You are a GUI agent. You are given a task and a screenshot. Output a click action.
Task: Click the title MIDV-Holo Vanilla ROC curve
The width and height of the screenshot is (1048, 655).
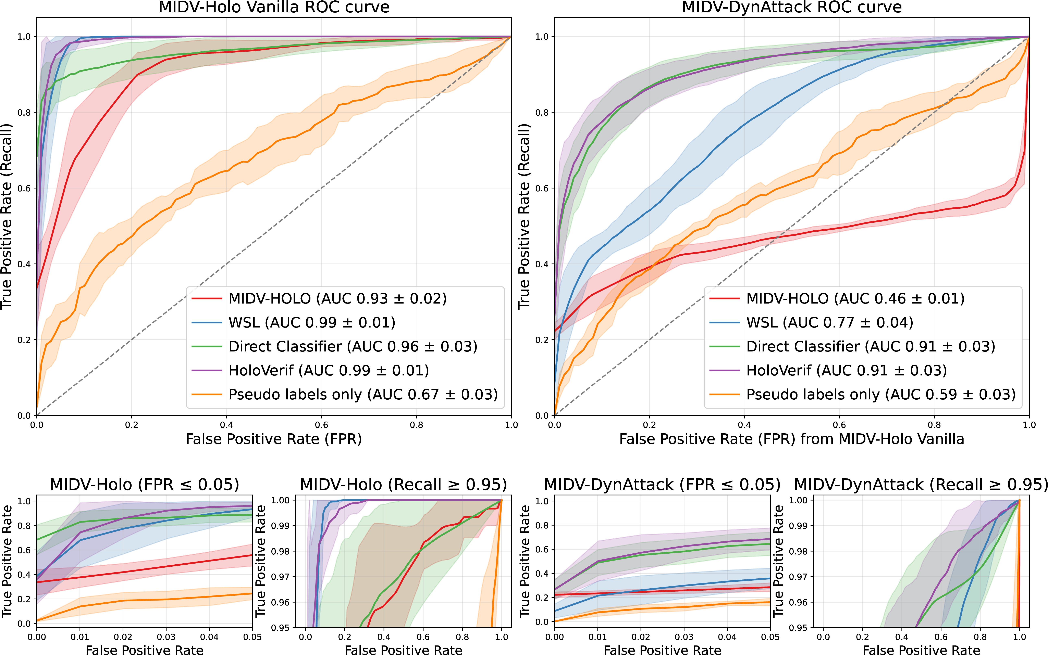(x=274, y=7)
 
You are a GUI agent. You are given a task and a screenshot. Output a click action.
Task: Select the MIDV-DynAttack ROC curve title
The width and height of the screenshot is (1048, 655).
(x=792, y=7)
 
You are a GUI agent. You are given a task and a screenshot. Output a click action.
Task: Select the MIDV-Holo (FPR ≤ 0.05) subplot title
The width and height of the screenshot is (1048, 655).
(x=144, y=484)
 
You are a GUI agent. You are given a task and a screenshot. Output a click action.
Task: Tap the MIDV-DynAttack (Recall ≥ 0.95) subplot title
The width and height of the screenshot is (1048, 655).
(x=921, y=484)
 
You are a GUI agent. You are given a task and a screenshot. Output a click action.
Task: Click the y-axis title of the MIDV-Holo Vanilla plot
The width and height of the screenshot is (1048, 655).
(x=7, y=217)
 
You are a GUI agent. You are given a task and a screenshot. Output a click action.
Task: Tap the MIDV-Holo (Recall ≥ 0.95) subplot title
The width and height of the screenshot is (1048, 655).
(x=404, y=484)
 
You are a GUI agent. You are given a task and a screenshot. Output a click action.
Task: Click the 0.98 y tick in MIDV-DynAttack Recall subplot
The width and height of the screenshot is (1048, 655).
(x=798, y=551)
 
